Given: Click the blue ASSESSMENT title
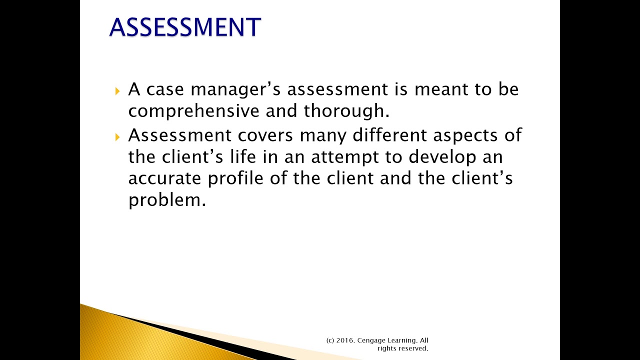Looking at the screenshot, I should click(185, 27).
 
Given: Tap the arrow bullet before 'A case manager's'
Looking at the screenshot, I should click(117, 91).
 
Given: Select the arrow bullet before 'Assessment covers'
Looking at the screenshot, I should click(117, 136).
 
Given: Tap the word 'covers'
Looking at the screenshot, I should click(265, 135).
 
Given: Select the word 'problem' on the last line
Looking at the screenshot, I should click(166, 201).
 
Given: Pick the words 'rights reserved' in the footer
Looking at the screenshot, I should click(403, 348).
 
